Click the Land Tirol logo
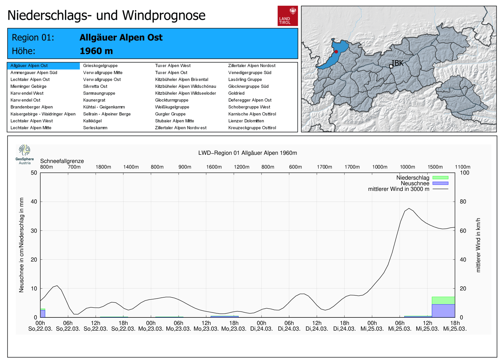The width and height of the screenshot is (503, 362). tap(287, 16)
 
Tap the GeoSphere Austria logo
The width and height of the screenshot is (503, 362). tap(25, 154)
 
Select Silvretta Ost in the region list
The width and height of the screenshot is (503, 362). tap(95, 86)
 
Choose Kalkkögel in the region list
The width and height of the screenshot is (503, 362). tap(92, 121)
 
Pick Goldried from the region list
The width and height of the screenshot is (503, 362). tap(236, 93)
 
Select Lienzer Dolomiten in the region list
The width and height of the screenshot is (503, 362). tap(246, 121)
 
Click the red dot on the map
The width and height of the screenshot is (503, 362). tap(336, 51)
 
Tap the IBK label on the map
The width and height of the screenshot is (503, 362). tap(397, 63)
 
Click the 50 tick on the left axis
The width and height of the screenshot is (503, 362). tap(34, 173)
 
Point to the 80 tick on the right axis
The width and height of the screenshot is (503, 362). tap(463, 202)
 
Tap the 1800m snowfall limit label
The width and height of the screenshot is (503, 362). tap(103, 167)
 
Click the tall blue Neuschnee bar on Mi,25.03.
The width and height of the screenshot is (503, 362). tap(443, 311)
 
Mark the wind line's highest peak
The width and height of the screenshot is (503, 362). tap(409, 208)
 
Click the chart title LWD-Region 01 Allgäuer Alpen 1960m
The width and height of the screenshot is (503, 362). tap(247, 153)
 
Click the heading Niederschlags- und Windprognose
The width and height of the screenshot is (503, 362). tap(106, 15)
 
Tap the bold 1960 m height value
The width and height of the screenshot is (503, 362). tap(96, 51)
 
